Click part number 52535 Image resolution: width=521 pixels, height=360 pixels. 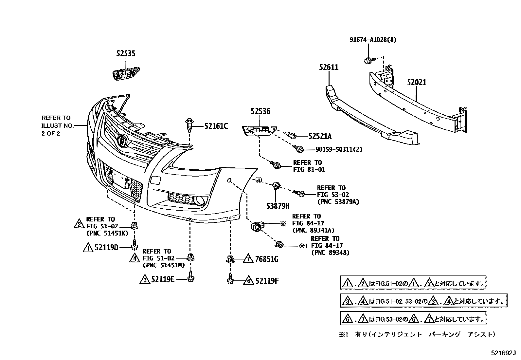pos(126,54)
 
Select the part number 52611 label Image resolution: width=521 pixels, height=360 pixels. pos(329,67)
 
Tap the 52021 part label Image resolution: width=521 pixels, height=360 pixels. pos(417,83)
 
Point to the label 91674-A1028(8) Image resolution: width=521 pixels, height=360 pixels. pos(372,40)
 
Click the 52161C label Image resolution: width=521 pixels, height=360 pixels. pos(216,126)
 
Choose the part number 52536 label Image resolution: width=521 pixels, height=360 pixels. pos(260,111)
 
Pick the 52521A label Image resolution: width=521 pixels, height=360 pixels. pos(319,136)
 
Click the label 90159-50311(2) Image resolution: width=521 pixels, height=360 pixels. pos(339,149)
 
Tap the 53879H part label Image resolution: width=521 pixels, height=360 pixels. pos(278,206)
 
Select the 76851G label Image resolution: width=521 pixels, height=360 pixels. pos(266,259)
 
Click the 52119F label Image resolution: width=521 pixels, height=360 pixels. pos(267,281)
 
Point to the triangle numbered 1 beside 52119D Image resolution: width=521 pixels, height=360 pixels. pos(88,248)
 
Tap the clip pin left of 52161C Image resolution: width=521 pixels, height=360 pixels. pos(189,124)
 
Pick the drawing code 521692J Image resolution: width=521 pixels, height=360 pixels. pos(503,353)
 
